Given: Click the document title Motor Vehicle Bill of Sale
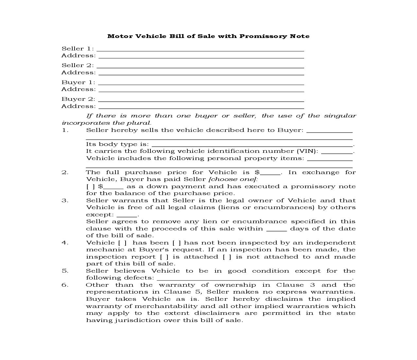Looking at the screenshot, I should pyautogui.click(x=208, y=36).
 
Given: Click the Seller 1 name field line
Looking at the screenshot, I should pyautogui.click(x=200, y=50).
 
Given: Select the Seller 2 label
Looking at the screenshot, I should pyautogui.click(x=78, y=65).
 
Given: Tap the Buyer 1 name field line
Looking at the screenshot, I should pyautogui.click(x=201, y=83).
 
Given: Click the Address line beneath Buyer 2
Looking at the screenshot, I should pyautogui.click(x=201, y=107).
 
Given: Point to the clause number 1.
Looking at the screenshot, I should pyautogui.click(x=65, y=130).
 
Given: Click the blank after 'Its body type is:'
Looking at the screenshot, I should pyautogui.click(x=252, y=145).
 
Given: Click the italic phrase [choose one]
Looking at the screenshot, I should pyautogui.click(x=233, y=179).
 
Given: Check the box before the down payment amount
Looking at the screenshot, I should pyautogui.click(x=91, y=187).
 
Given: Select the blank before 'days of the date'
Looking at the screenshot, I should pyautogui.click(x=276, y=230).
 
